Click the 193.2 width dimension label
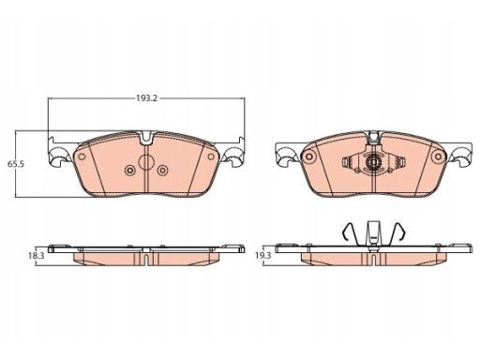[x=146, y=98]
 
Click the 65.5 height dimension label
[x=16, y=164]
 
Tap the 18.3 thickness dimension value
[x=37, y=255]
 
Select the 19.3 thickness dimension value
[x=263, y=255]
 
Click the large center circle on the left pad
[x=146, y=162]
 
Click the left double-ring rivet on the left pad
[x=129, y=171]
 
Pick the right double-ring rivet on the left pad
[x=163, y=171]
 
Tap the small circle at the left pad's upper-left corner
[x=82, y=157]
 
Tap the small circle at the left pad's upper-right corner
[x=211, y=157]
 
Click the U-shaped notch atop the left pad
[x=146, y=138]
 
